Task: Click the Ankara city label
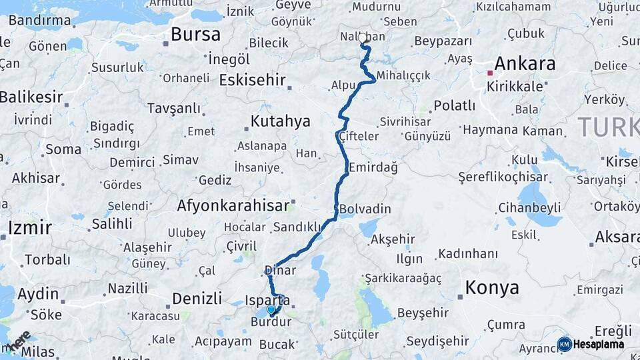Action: (x=525, y=64)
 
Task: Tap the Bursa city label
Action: (x=195, y=34)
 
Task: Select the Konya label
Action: (x=492, y=288)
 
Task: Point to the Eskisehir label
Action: (x=252, y=81)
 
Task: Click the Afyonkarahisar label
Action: (x=233, y=206)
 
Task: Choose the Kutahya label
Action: (x=280, y=121)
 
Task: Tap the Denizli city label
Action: (x=197, y=297)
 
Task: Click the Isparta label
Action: (x=267, y=300)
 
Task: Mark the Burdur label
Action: (x=271, y=323)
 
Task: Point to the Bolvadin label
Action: (x=365, y=209)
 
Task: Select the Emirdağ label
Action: (x=373, y=167)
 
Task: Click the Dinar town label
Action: (x=280, y=270)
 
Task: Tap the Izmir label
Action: (x=29, y=228)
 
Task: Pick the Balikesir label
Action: (x=31, y=97)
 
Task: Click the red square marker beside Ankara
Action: (x=490, y=73)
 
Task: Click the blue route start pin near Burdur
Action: (x=271, y=310)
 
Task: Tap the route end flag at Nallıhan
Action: (x=365, y=44)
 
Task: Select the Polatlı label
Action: (x=454, y=105)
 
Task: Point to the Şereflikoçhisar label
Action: (x=503, y=177)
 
